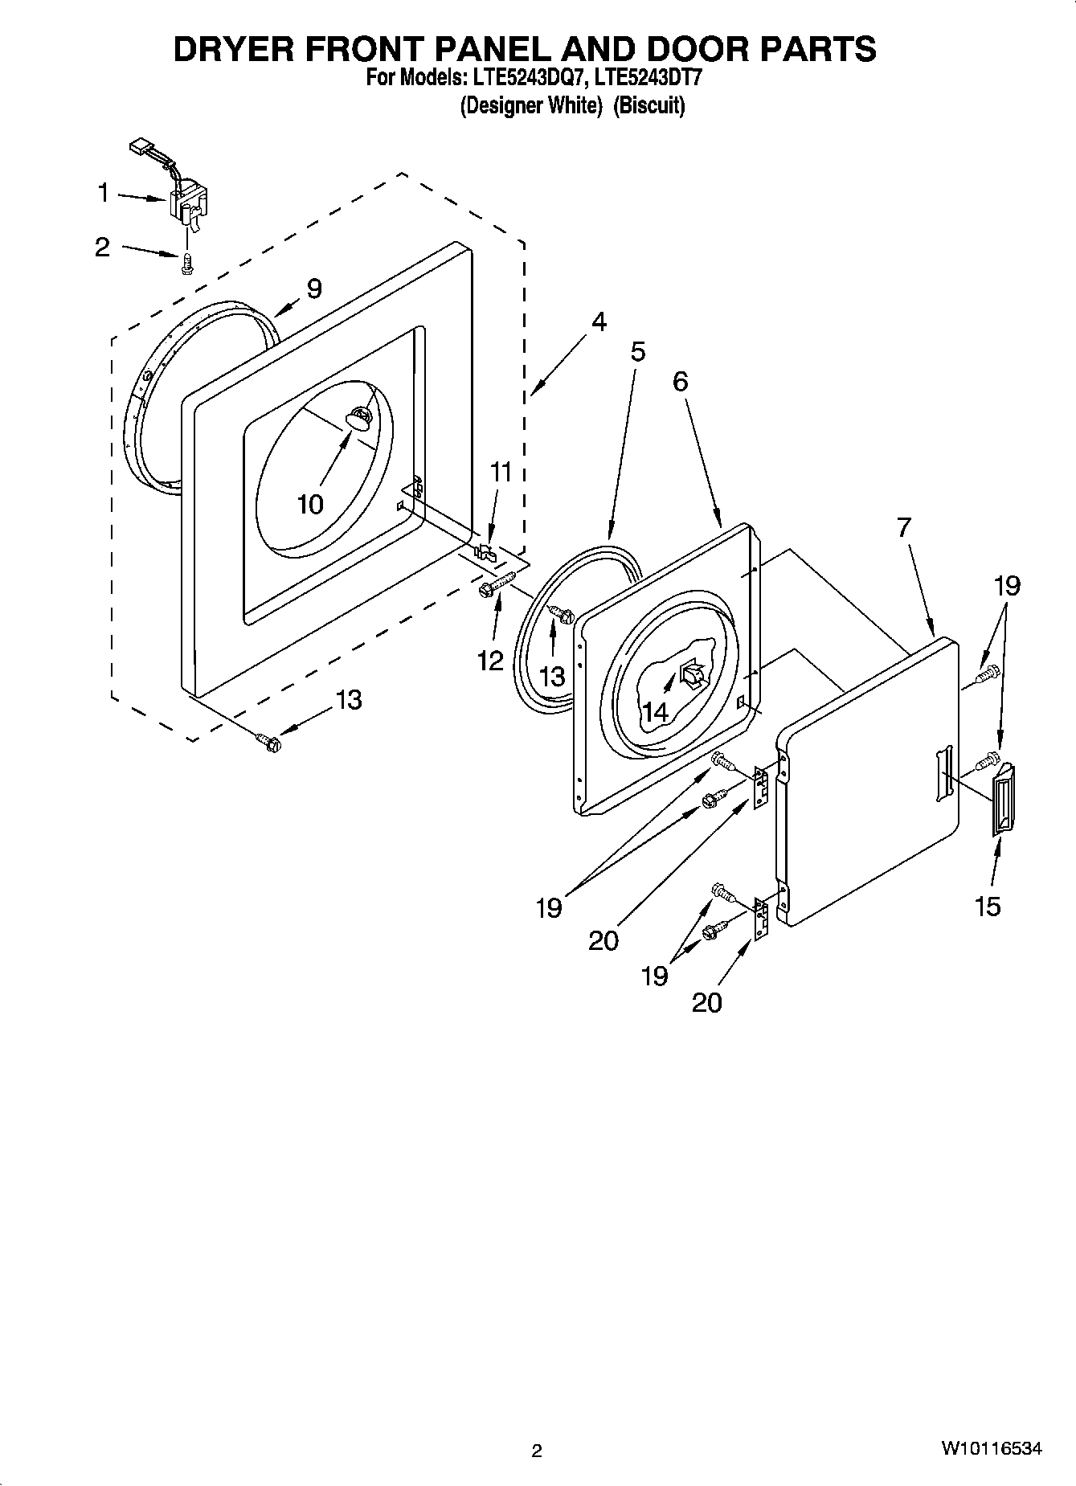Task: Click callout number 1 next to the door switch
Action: (x=103, y=194)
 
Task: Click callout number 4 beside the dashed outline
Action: (x=599, y=322)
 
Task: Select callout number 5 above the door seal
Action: (x=637, y=352)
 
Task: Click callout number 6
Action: (x=680, y=382)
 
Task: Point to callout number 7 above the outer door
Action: (x=904, y=528)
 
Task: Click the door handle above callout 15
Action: (x=1004, y=800)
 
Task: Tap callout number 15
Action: (x=988, y=906)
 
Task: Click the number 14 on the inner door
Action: (x=655, y=711)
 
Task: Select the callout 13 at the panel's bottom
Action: (x=348, y=700)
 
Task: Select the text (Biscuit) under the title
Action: (x=649, y=105)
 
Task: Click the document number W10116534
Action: (x=992, y=1449)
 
